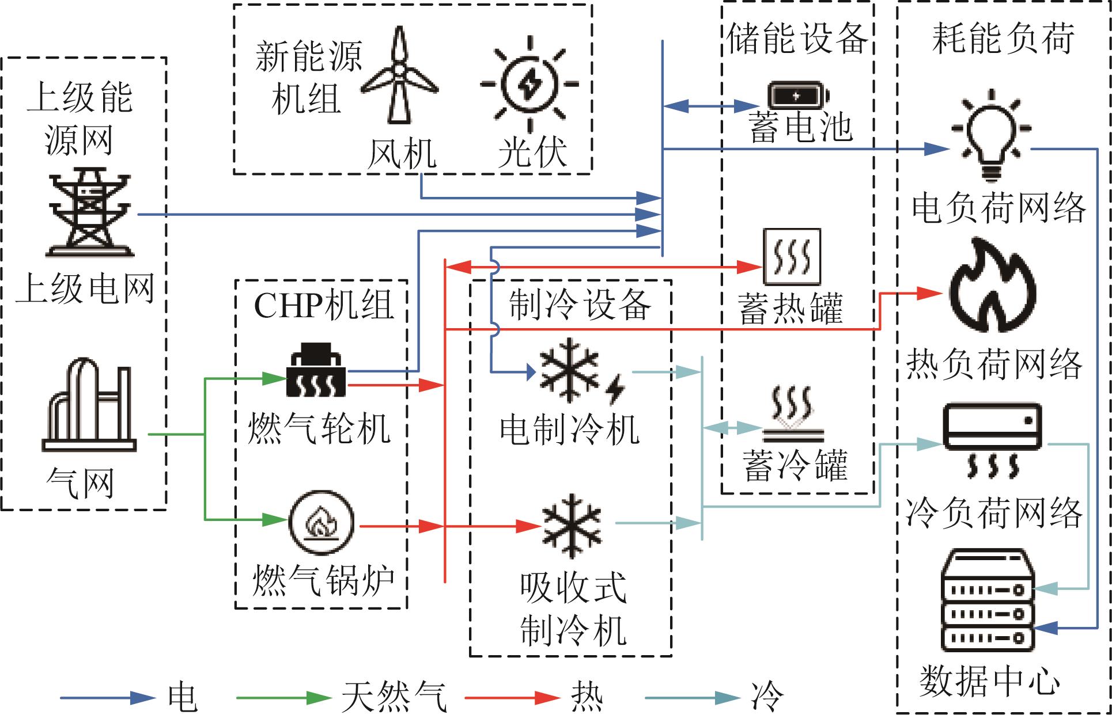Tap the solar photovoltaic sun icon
tap(529, 84)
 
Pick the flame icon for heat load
tap(992, 286)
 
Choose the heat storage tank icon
tap(792, 257)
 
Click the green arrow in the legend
tap(283, 698)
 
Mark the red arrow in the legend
tap(512, 698)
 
